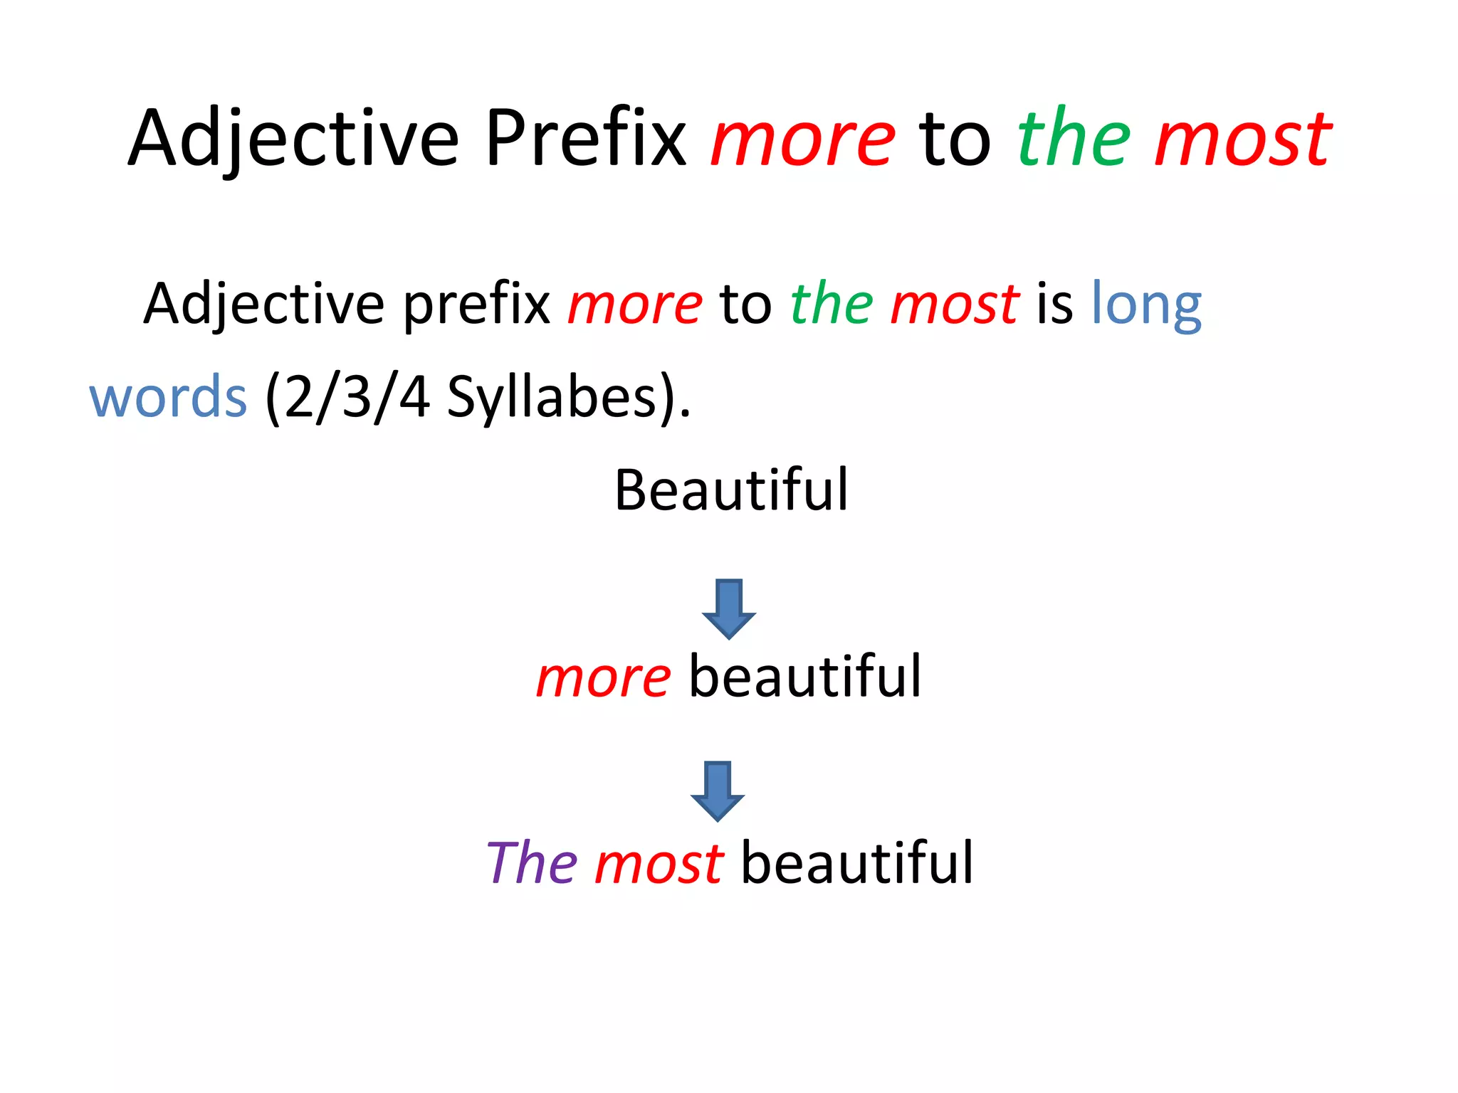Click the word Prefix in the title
coord(585,138)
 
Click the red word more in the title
coord(802,139)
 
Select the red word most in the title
coord(1242,139)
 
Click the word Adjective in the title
coord(293,139)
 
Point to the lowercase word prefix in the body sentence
coord(476,305)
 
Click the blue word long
coord(1146,305)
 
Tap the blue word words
coord(168,397)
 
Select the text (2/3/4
coord(347,397)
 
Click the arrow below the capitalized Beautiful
coord(728,608)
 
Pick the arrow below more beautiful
coord(718,791)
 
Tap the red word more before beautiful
coord(603,677)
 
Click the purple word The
coord(532,863)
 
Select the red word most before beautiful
coord(659,863)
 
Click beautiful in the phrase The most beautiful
coord(857,862)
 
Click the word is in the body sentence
coord(1054,305)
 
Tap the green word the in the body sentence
coord(832,305)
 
